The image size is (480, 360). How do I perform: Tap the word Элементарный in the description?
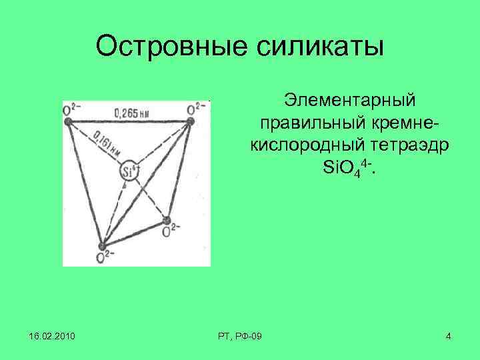(x=349, y=100)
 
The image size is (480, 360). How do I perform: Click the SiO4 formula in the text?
(x=348, y=167)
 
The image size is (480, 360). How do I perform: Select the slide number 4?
(x=449, y=336)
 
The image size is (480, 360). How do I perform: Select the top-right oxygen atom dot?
(x=190, y=121)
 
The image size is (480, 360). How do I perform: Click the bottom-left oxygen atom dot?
(x=103, y=246)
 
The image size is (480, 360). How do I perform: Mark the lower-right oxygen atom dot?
(x=167, y=220)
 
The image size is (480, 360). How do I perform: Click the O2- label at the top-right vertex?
(x=196, y=108)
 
